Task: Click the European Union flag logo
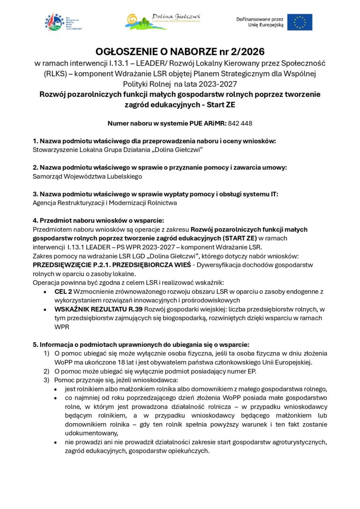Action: pyautogui.click(x=300, y=22)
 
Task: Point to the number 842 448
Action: pyautogui.click(x=240, y=123)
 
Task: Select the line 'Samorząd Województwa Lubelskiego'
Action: pyautogui.click(x=87, y=177)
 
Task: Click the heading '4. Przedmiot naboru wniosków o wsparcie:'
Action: pyautogui.click(x=98, y=220)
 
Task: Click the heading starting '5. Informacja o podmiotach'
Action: pyautogui.click(x=141, y=344)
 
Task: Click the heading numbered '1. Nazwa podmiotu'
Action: pyautogui.click(x=154, y=141)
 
